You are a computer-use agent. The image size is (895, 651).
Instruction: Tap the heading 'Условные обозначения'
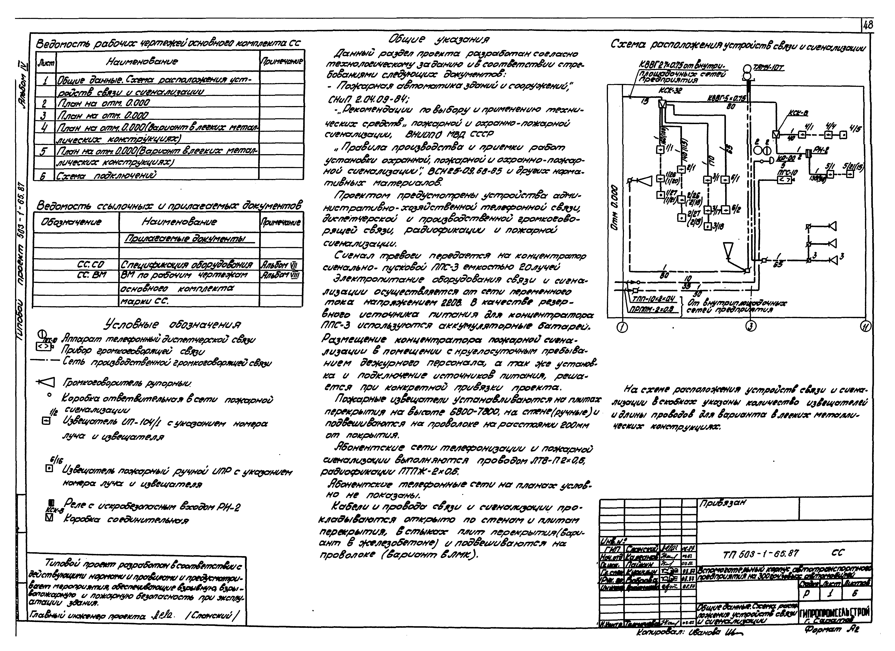[x=172, y=324]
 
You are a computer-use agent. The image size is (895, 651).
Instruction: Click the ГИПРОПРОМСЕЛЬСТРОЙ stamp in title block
[x=835, y=613]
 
